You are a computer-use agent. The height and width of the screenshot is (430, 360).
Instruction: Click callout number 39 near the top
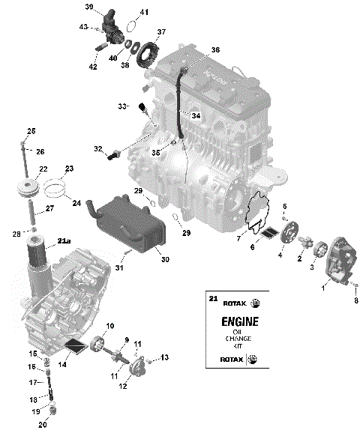(x=89, y=7)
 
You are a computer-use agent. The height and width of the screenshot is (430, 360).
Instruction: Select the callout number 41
(x=144, y=13)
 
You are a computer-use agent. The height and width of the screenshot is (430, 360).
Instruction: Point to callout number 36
(x=215, y=49)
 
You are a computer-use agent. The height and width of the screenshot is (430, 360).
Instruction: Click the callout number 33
(x=121, y=107)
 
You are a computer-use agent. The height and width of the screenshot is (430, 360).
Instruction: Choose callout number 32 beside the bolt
(x=98, y=149)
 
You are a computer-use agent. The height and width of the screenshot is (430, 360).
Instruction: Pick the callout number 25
(x=31, y=131)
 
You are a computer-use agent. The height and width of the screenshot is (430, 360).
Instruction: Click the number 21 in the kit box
(x=212, y=299)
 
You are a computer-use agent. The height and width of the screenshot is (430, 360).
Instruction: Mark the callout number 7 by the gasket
(x=239, y=237)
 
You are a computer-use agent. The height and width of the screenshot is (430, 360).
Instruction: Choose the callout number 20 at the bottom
(x=43, y=425)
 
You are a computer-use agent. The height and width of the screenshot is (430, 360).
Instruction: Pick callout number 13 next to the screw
(x=165, y=357)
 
